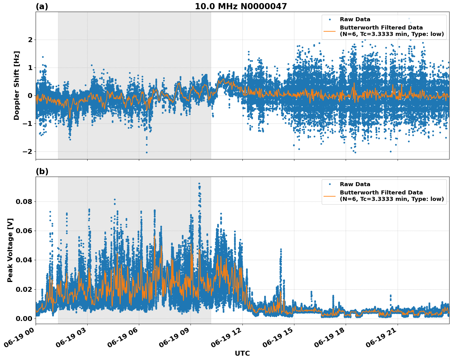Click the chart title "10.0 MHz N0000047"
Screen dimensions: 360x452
(241, 6)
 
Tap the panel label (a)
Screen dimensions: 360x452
(42, 6)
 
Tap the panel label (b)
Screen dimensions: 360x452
(42, 171)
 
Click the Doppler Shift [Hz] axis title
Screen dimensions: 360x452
(17, 85)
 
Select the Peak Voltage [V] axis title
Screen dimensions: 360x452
(10, 250)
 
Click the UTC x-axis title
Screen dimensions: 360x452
(242, 353)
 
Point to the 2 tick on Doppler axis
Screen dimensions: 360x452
(30, 40)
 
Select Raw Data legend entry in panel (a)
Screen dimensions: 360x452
(355, 19)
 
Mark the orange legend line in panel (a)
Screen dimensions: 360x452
(329, 31)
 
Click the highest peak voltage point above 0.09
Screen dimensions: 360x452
(199, 183)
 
